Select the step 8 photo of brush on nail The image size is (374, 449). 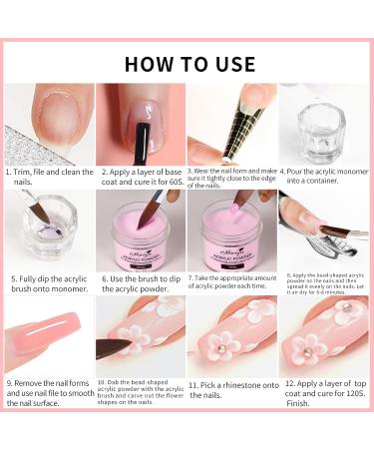(x=323, y=228)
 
